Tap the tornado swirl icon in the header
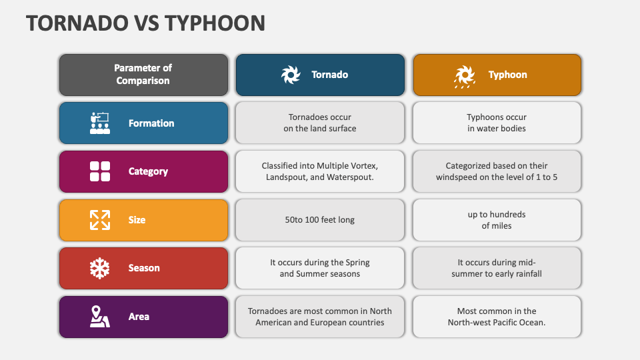291,75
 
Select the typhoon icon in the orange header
464,76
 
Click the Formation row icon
100,123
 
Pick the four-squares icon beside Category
100,171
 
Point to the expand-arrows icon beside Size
100,220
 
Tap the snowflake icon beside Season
100,268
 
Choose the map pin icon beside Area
100,317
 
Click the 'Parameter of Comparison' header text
143,75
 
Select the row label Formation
151,123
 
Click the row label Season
144,268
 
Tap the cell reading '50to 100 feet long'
320,220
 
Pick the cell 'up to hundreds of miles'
497,220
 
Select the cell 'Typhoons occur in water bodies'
497,123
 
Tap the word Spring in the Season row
357,263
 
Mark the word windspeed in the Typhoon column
459,177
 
